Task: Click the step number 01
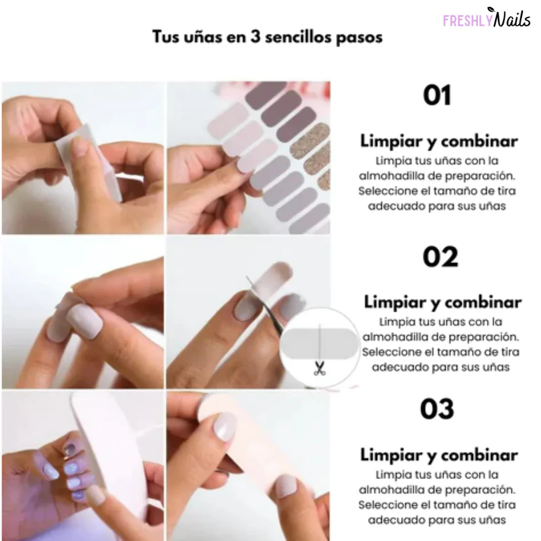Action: pos(437,96)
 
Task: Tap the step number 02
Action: pos(440,257)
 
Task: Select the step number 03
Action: pos(437,409)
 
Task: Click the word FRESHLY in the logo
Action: pos(465,21)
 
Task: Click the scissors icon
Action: pos(319,368)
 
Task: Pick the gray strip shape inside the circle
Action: pos(319,344)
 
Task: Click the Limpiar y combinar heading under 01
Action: pos(439,141)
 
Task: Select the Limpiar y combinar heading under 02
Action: pos(442,302)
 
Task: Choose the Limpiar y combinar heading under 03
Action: pos(439,455)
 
